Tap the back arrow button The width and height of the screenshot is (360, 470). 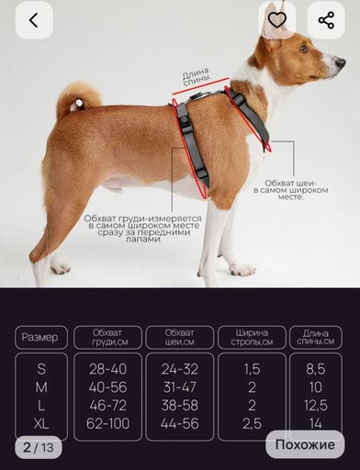[34, 20]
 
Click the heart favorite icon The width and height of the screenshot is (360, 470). [277, 20]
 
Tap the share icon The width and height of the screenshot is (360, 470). [326, 20]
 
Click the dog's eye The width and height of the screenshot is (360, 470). [303, 48]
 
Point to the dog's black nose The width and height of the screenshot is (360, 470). [341, 63]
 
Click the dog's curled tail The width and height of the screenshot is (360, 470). [79, 98]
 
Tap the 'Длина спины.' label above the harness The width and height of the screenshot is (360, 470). [197, 76]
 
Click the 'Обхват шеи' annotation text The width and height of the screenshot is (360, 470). [290, 190]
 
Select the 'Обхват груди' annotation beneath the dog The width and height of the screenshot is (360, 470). [143, 229]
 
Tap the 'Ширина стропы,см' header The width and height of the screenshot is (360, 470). [252, 337]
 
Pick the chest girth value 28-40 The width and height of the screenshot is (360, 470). [107, 369]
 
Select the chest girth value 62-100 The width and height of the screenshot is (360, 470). [107, 423]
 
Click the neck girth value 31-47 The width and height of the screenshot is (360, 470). [180, 387]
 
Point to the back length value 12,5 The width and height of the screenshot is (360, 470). [316, 405]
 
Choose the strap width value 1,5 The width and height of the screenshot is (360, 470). [252, 369]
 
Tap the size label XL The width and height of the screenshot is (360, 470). [41, 424]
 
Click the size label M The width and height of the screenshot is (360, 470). [41, 387]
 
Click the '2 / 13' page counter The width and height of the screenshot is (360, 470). [39, 447]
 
